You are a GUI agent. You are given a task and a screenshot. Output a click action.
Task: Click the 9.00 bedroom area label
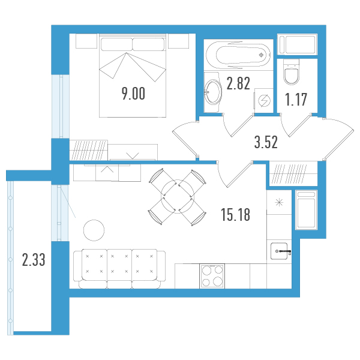133,94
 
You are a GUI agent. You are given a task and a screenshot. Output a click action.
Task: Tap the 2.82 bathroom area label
238,83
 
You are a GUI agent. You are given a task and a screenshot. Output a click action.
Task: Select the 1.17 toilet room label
296,100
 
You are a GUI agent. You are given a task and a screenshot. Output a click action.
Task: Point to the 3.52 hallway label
266,142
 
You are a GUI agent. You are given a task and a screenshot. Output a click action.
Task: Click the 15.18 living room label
236,215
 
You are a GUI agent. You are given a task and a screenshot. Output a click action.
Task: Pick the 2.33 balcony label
34,260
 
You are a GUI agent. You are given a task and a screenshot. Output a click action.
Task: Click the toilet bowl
292,72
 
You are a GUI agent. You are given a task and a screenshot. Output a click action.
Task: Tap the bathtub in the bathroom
238,55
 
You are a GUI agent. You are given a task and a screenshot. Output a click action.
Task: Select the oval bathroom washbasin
213,92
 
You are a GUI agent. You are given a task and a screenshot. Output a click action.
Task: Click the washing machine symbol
264,101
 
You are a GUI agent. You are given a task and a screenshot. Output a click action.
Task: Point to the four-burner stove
212,276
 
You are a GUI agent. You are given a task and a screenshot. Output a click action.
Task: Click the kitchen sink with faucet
279,251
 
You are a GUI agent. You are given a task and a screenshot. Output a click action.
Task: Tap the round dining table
178,197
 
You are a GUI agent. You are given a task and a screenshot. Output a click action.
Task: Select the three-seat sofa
119,269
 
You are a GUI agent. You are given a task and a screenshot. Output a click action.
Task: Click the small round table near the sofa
94,230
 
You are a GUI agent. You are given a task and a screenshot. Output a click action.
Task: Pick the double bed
133,76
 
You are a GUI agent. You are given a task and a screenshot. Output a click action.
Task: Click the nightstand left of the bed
86,41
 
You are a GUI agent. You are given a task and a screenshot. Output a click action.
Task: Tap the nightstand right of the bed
178,41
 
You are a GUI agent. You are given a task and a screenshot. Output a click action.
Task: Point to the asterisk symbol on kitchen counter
279,202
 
